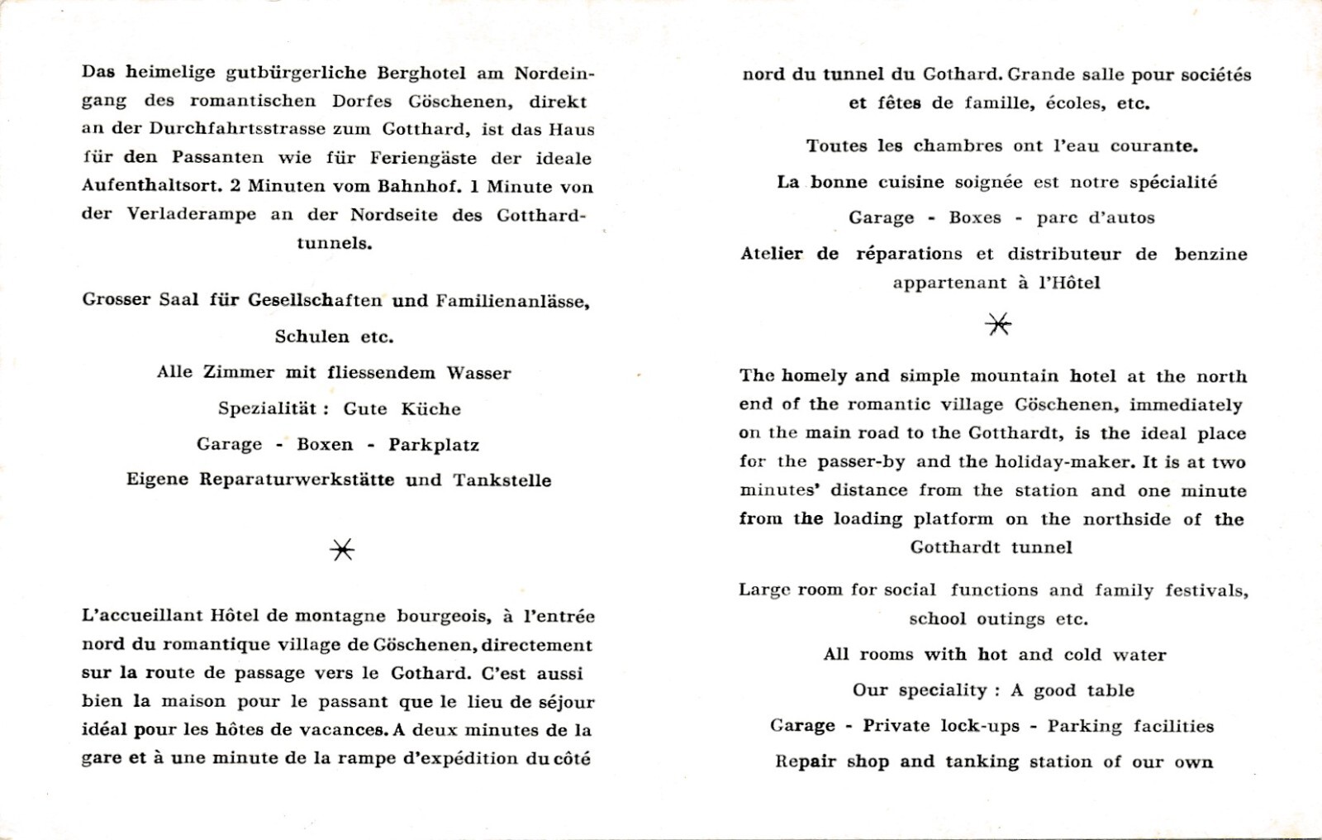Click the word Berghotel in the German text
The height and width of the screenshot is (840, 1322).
point(421,73)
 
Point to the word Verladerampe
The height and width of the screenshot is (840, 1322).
point(191,214)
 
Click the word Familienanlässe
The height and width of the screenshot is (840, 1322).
point(512,301)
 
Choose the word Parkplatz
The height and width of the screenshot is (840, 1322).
point(434,445)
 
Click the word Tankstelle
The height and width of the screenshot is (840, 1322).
point(502,480)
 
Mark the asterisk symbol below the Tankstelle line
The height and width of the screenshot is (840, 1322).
point(342,550)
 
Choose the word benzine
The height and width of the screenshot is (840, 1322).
point(1210,254)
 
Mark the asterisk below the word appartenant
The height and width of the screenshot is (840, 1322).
point(998,325)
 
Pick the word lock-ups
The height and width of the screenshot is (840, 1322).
point(981,726)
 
